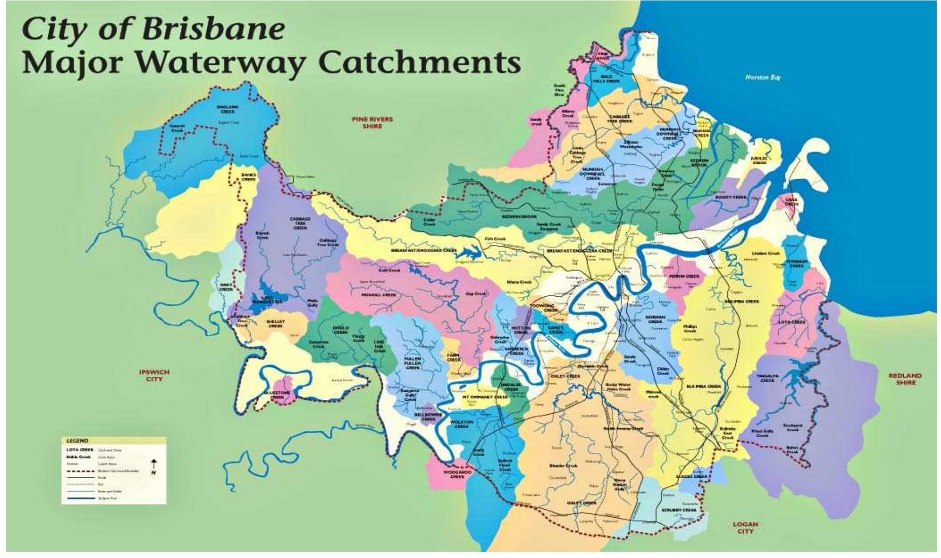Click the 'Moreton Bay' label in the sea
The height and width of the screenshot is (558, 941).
tap(762, 77)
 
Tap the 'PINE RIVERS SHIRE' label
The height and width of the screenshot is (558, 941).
tap(372, 122)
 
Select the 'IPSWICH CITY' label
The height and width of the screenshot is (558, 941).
tap(154, 375)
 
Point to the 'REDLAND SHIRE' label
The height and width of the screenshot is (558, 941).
tap(905, 379)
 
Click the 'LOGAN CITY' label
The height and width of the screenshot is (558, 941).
tap(745, 527)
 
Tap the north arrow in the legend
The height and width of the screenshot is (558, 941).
tap(154, 466)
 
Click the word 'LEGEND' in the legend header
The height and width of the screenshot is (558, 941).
tap(77, 441)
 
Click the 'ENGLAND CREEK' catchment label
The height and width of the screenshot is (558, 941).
tap(227, 109)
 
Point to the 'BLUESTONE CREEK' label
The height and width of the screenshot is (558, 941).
tap(277, 395)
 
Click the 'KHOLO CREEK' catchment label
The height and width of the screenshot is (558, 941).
tap(340, 330)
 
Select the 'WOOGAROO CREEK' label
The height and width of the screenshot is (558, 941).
tap(457, 474)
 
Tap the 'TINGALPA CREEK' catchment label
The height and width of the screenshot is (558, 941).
tap(768, 378)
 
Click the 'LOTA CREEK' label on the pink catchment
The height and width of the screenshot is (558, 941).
tap(792, 322)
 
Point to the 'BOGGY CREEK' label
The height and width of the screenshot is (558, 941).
tap(730, 197)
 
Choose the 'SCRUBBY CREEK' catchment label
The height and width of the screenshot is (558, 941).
tap(679, 510)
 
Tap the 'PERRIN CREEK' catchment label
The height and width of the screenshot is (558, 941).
tap(684, 276)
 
